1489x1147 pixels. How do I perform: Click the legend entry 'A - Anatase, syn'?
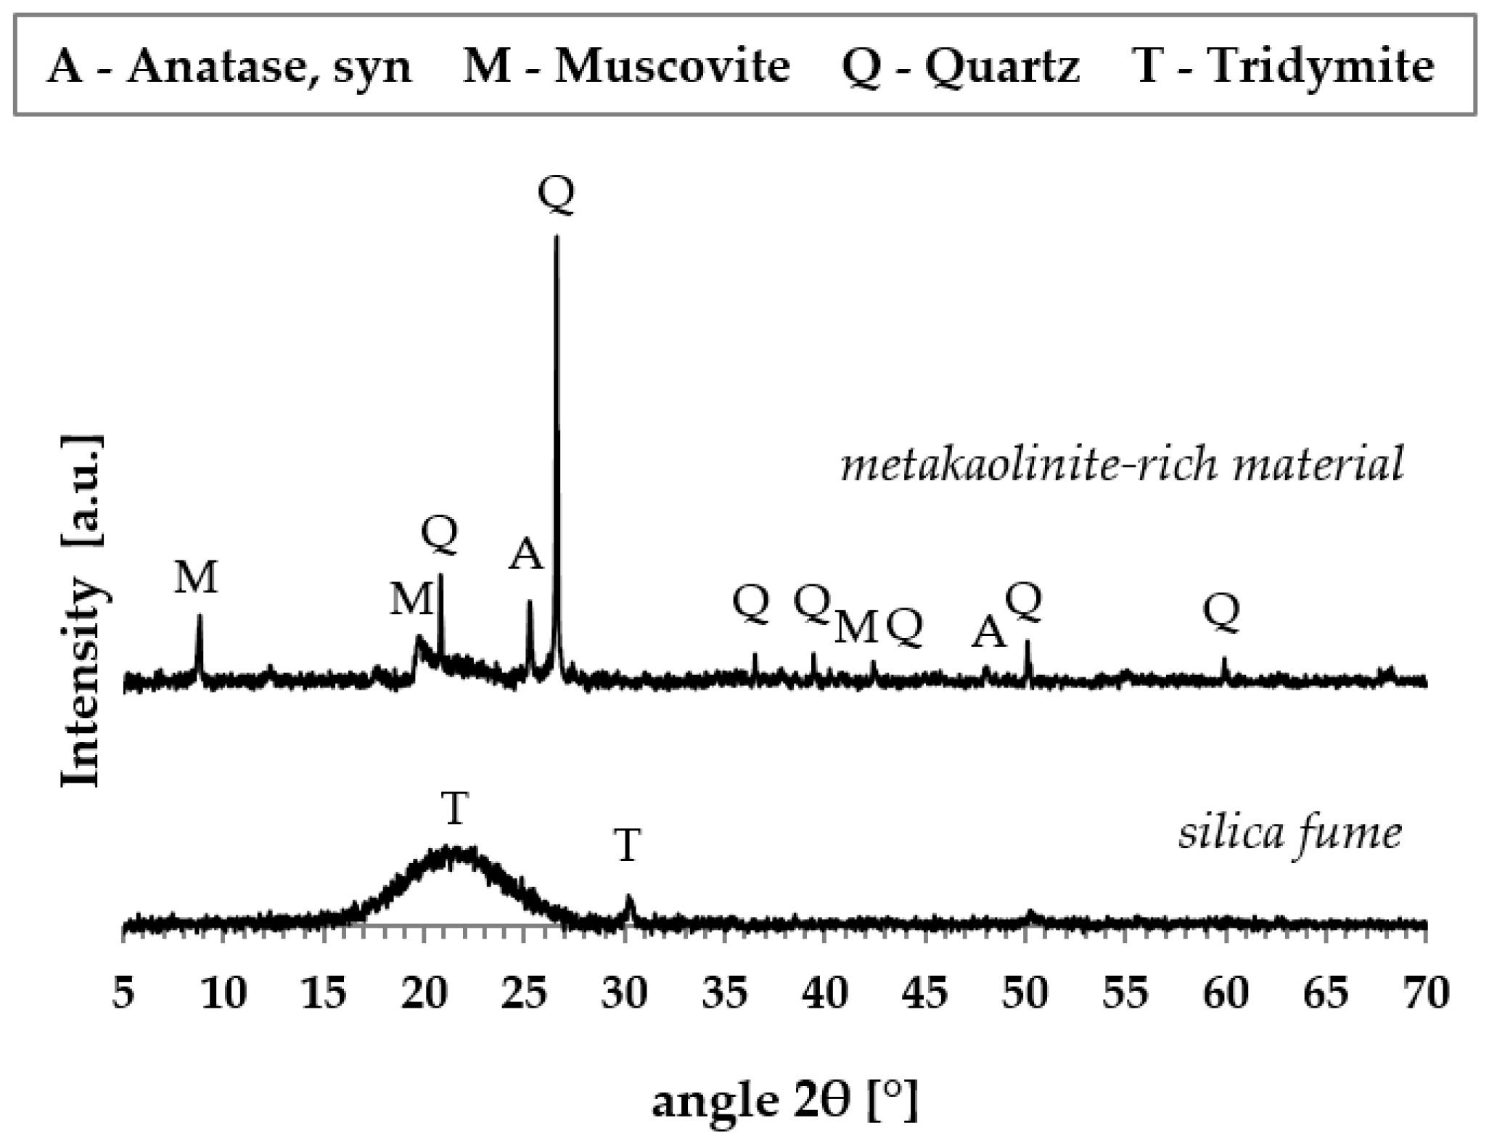point(229,67)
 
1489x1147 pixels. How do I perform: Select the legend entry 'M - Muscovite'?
point(626,67)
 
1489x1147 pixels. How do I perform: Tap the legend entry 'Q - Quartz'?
point(960,67)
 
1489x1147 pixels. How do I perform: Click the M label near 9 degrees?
point(196,579)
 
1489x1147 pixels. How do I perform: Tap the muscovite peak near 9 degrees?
point(200,617)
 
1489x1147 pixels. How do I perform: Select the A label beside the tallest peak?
point(525,556)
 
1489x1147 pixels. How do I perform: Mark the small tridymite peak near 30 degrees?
point(629,899)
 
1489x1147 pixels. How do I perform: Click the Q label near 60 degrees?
point(1222,612)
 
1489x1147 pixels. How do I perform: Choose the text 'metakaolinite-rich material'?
point(1122,465)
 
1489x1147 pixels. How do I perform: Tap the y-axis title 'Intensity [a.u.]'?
point(81,610)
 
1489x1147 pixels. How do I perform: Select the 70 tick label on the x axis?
point(1427,992)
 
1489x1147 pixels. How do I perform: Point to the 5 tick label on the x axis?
point(123,992)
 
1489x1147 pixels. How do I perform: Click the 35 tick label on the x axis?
point(725,992)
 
